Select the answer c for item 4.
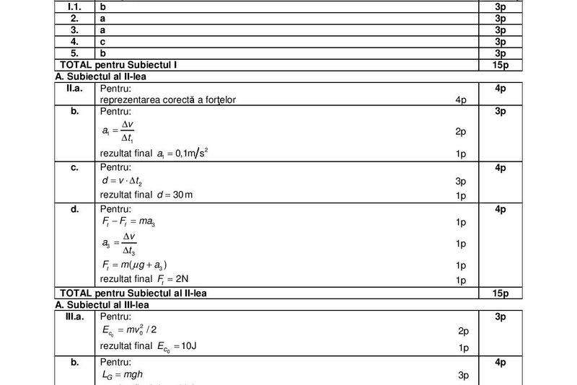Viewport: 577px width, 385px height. pyautogui.click(x=103, y=42)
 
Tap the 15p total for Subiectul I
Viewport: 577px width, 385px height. pyautogui.click(x=501, y=65)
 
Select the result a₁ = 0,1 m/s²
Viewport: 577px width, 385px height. pyautogui.click(x=158, y=154)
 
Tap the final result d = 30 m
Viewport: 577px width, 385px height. pyautogui.click(x=152, y=195)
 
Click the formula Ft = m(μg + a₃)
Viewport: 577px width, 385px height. pyautogui.click(x=138, y=265)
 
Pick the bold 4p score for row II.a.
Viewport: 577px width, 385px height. pyautogui.click(x=501, y=87)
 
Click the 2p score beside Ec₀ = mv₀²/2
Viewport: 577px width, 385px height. pyautogui.click(x=463, y=331)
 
